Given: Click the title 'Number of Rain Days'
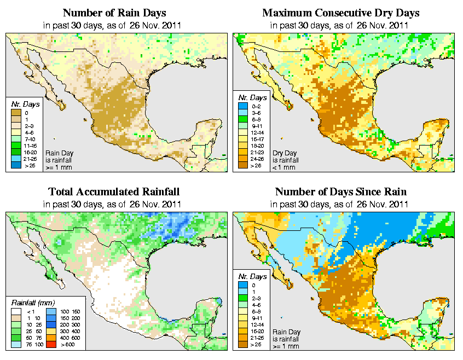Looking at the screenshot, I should (114, 13).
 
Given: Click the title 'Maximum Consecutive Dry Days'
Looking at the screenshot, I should (340, 13).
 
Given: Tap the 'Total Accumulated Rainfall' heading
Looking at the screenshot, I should (114, 192).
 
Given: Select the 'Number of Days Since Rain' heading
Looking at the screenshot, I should (340, 192).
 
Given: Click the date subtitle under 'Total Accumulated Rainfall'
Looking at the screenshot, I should (114, 204).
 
